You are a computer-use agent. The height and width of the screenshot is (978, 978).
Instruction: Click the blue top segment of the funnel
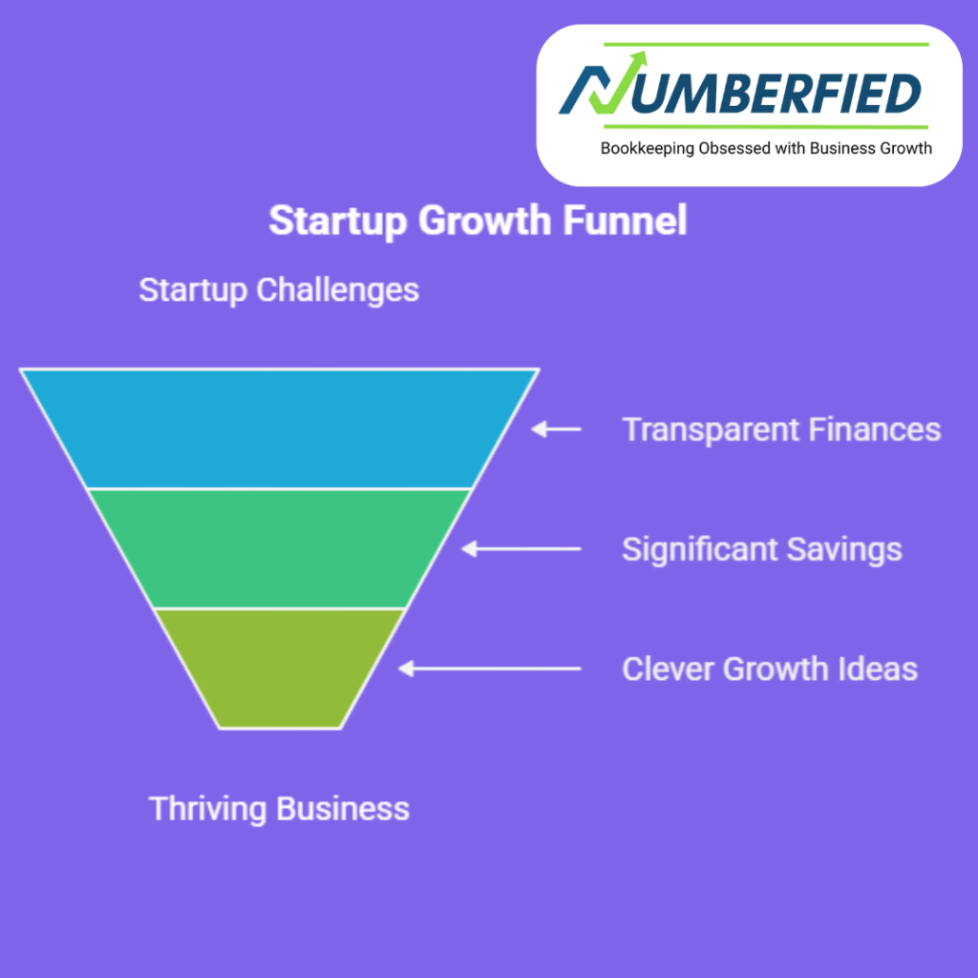click(x=280, y=429)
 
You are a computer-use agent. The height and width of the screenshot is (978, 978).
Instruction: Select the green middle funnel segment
click(x=280, y=549)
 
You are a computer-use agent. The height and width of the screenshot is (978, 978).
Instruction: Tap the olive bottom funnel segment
click(x=280, y=669)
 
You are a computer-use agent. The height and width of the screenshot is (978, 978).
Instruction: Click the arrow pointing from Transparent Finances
click(x=556, y=429)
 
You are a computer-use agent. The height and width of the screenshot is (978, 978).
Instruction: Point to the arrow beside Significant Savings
click(x=521, y=549)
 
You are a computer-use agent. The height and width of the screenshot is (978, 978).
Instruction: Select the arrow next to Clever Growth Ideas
click(x=490, y=669)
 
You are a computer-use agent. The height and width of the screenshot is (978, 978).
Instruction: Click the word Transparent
click(x=711, y=431)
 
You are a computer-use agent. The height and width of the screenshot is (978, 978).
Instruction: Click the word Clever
click(x=668, y=669)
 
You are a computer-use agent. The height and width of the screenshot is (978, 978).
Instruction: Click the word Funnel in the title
click(x=625, y=221)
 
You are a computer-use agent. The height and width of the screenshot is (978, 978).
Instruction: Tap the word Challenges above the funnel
click(x=337, y=290)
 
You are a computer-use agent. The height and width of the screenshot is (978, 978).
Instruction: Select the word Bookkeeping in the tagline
click(x=647, y=149)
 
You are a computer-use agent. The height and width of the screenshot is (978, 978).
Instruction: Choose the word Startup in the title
click(x=338, y=222)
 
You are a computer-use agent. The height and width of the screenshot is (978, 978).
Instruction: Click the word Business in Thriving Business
click(x=343, y=808)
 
